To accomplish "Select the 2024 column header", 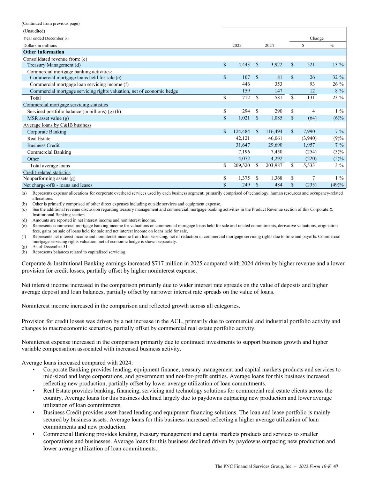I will tap(269, 45).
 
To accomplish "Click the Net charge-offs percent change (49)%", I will tap(337, 185).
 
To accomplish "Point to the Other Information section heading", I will tap(44, 52).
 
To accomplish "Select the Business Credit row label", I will tap(43, 145).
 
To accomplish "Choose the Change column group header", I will tap(316, 38).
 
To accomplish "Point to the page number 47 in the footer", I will tap(336, 466).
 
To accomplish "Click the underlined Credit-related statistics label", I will tap(47, 172).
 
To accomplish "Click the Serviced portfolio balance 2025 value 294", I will tap(246, 111).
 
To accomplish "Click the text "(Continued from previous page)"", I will tap(51, 23).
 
